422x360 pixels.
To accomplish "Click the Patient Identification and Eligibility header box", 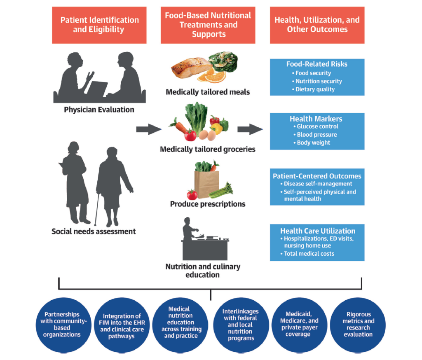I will [99, 25].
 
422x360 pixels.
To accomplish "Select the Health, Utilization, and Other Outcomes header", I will [317, 25].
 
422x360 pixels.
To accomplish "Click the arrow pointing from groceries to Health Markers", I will [250, 130].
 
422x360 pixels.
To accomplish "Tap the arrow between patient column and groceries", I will [148, 130].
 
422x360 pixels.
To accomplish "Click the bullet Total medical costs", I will [309, 254].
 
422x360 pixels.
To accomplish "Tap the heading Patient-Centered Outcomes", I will [317, 176].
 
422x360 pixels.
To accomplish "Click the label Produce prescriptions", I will [208, 204].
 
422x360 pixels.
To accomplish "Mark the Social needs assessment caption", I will [94, 231].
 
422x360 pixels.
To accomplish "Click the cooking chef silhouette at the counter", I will [189, 231].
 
